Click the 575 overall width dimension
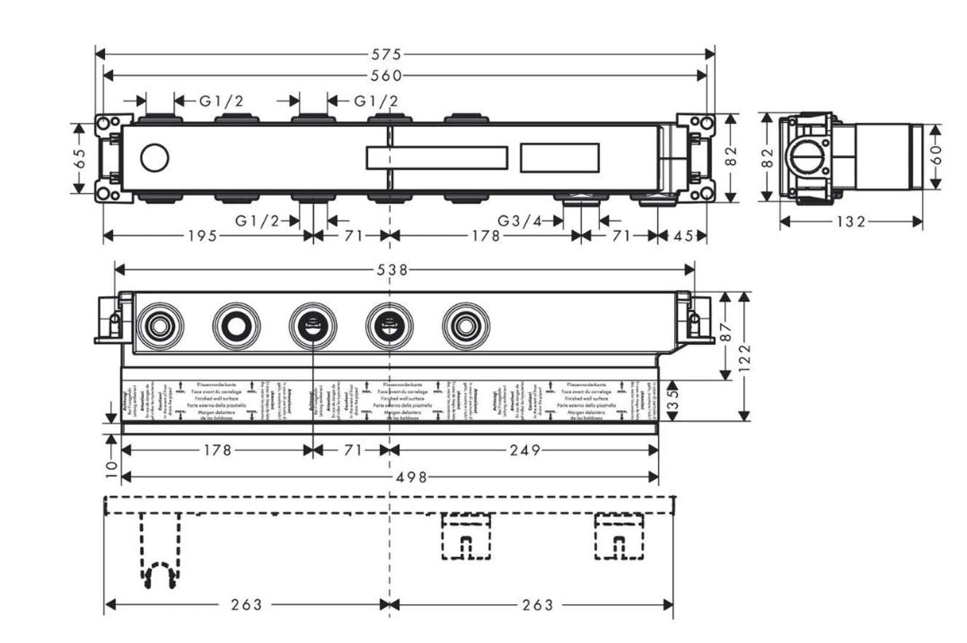tap(387, 55)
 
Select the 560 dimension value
tap(387, 76)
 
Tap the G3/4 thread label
tap(520, 221)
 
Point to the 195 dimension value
tap(202, 236)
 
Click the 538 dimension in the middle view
tap(393, 270)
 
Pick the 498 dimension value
tap(412, 477)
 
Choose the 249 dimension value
tap(525, 450)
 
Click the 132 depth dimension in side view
tap(851, 222)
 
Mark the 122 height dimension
tap(744, 357)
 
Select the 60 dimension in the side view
tap(936, 156)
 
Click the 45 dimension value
tap(683, 236)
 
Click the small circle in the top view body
tap(155, 158)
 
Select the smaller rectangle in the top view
tap(559, 158)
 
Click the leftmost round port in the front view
tap(159, 326)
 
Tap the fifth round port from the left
tap(465, 326)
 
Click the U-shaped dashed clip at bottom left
tap(159, 575)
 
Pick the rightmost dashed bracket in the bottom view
tap(619, 537)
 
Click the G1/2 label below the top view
tap(257, 221)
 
